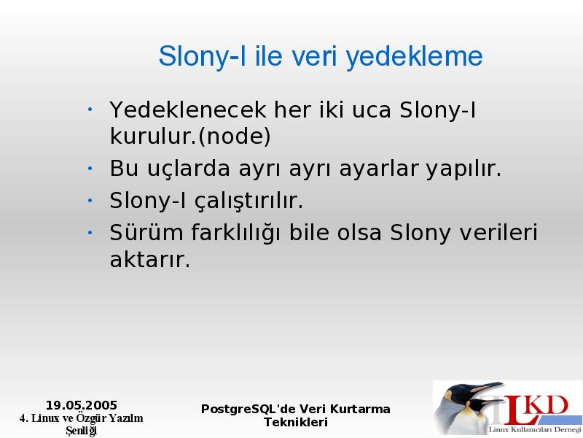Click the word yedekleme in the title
(x=414, y=57)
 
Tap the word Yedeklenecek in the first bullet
(x=188, y=109)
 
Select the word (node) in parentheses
(x=235, y=137)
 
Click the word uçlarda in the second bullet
(x=189, y=169)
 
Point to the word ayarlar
(x=378, y=169)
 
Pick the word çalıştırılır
(x=249, y=201)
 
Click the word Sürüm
(x=146, y=232)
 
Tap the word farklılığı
(x=235, y=233)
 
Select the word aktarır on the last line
(x=150, y=259)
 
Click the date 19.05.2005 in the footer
(x=82, y=405)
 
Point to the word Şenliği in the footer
(x=82, y=431)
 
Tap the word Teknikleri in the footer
(x=296, y=423)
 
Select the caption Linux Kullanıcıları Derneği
(x=535, y=430)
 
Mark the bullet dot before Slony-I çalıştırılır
(x=90, y=201)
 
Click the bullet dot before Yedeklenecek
(x=90, y=109)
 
